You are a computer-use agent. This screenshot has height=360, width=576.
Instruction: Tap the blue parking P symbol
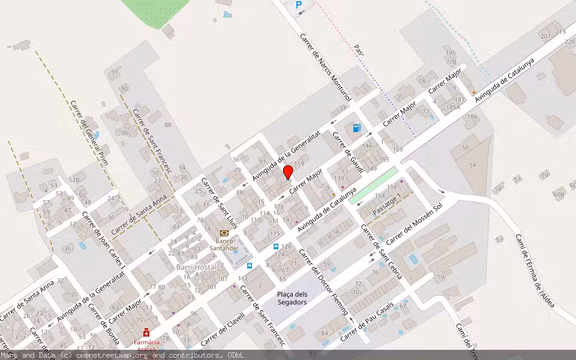tap(299, 5)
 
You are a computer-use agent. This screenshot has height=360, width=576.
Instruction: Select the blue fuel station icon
tap(357, 127)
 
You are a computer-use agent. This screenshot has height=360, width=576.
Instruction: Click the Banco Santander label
tap(224, 245)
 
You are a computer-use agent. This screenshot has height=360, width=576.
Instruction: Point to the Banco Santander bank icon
tap(224, 233)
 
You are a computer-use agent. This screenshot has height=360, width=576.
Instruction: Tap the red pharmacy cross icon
tap(146, 332)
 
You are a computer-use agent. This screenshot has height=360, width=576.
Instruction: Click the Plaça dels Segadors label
tap(292, 298)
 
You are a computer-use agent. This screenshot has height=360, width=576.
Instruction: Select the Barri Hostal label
tap(196, 267)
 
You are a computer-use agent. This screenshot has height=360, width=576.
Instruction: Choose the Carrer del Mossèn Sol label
tap(414, 223)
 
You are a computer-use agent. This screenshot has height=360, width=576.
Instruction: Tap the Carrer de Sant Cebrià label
tap(382, 253)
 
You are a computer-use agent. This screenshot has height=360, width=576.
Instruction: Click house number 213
tap(560, 31)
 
